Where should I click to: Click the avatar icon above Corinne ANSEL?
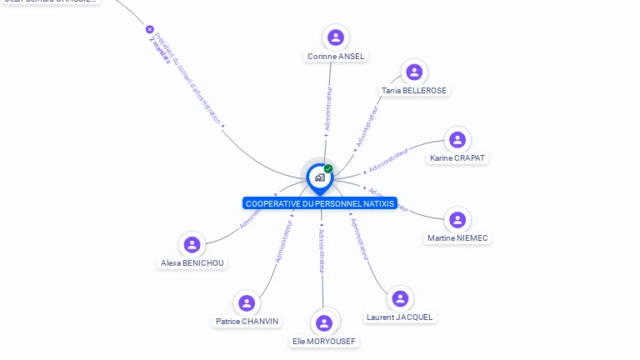pyautogui.click(x=336, y=37)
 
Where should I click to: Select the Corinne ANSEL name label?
pyautogui.click(x=336, y=57)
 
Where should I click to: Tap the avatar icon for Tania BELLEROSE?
pyautogui.click(x=414, y=72)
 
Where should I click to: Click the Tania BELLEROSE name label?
pyautogui.click(x=414, y=91)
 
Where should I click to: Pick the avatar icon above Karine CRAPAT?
pyautogui.click(x=457, y=139)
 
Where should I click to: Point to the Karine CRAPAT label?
pyautogui.click(x=457, y=158)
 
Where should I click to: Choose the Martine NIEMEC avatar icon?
pyautogui.click(x=457, y=220)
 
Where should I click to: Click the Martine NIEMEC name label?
pyautogui.click(x=457, y=238)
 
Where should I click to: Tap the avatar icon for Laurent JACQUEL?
pyautogui.click(x=401, y=298)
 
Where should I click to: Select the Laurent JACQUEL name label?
pyautogui.click(x=401, y=317)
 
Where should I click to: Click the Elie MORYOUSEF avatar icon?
pyautogui.click(x=324, y=323)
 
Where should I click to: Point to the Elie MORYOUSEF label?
pyautogui.click(x=324, y=342)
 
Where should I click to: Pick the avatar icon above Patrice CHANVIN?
pyautogui.click(x=247, y=302)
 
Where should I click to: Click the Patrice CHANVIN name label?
pyautogui.click(x=247, y=322)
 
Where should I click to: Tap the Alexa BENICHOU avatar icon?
pyautogui.click(x=192, y=245)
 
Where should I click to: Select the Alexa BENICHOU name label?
pyautogui.click(x=192, y=263)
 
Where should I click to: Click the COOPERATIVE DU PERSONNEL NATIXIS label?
pyautogui.click(x=320, y=203)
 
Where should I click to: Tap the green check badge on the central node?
pyautogui.click(x=328, y=168)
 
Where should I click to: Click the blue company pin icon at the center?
pyautogui.click(x=319, y=177)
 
